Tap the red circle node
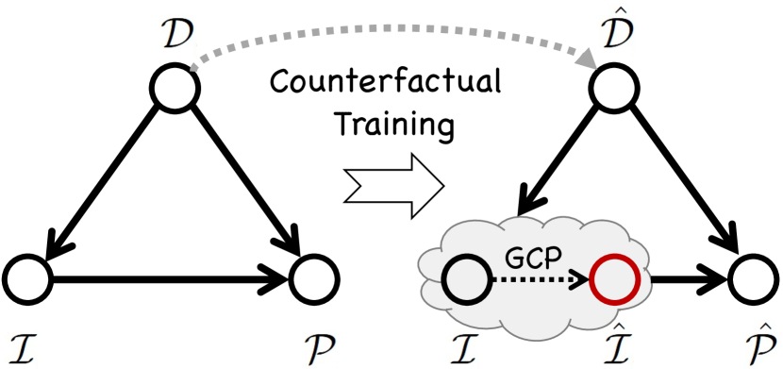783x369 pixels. click(615, 280)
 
